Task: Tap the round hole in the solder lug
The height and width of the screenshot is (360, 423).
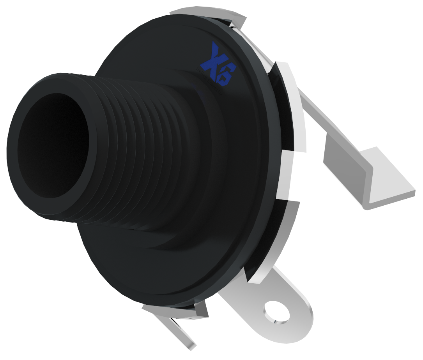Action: [277, 312]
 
